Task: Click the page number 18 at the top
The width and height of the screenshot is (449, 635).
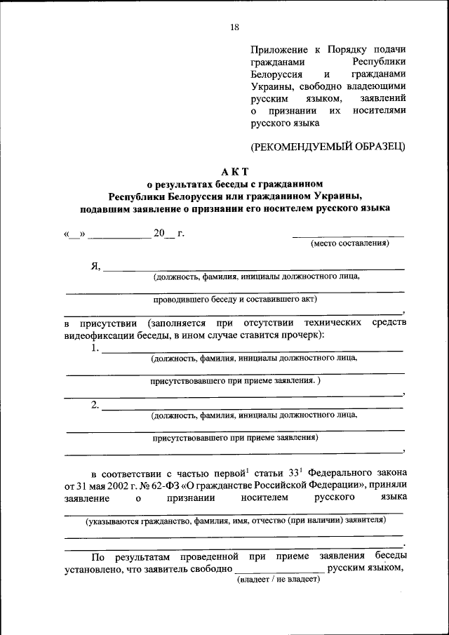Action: pyautogui.click(x=234, y=27)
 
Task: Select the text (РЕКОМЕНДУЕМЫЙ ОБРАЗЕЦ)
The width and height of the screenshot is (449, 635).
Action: pyautogui.click(x=328, y=146)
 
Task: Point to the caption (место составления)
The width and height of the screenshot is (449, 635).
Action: pyautogui.click(x=349, y=243)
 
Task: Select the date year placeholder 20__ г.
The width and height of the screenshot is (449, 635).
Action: pyautogui.click(x=168, y=233)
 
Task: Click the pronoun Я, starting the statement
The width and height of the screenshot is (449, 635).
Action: pyautogui.click(x=95, y=265)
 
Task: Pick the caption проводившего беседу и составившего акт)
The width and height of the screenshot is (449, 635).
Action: pyautogui.click(x=235, y=298)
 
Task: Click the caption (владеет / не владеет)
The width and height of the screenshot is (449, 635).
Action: pyautogui.click(x=278, y=579)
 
